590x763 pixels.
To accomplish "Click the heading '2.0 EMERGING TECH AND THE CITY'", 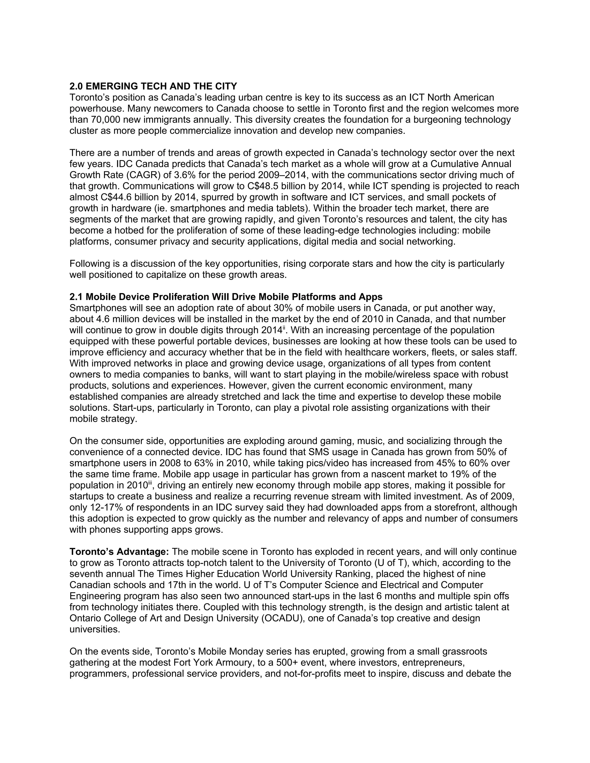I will pos(153,86).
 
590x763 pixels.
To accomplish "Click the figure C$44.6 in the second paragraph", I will pos(116,197).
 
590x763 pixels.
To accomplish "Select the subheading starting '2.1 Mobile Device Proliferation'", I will pos(226,297).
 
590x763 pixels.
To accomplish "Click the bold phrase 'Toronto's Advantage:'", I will pos(119,552).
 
